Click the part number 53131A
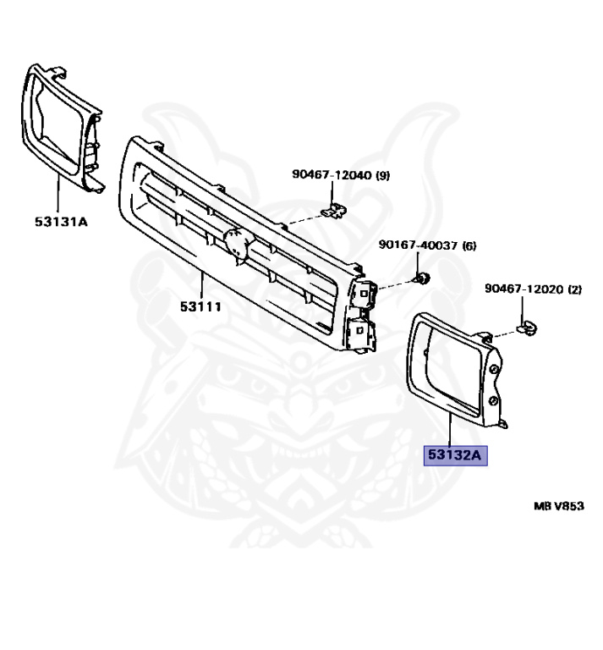61,223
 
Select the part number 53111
200,306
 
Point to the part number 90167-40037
417,245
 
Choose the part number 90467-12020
524,289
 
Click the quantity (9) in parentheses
382,175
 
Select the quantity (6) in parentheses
469,245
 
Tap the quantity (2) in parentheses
575,289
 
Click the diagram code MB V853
558,506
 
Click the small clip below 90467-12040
337,209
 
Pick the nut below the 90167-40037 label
423,278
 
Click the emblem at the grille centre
237,243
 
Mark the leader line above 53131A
58,195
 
